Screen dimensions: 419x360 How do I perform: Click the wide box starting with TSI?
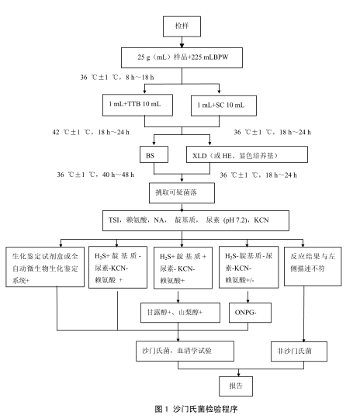183,220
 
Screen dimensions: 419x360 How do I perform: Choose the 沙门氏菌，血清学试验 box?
179,351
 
